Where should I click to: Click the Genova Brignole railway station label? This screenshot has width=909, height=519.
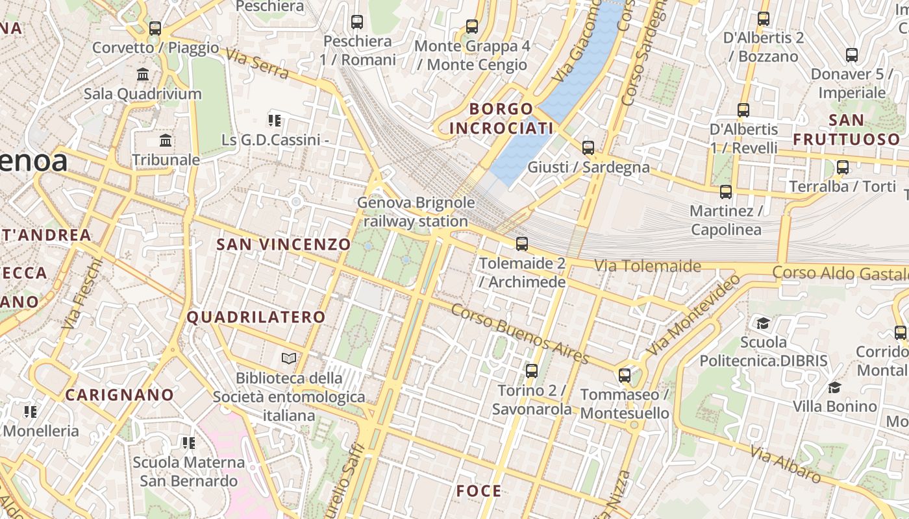tap(416, 212)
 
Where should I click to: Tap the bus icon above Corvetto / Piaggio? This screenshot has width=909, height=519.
tap(155, 29)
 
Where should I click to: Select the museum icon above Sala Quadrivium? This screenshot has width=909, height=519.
tap(143, 75)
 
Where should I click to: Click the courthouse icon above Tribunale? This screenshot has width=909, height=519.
tap(166, 141)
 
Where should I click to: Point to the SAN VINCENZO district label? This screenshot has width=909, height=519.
tap(283, 245)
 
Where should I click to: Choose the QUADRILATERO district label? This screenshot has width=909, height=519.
tap(256, 317)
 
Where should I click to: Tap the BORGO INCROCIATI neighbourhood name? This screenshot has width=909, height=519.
tap(501, 119)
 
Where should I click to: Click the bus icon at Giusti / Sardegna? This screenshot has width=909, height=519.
tap(588, 148)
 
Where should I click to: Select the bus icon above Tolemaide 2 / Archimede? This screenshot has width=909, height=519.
tap(522, 245)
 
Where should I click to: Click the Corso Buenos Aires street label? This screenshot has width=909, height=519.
tap(519, 334)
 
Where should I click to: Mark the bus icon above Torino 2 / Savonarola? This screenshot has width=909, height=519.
tap(532, 371)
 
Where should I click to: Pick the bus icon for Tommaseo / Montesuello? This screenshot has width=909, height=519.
tap(625, 376)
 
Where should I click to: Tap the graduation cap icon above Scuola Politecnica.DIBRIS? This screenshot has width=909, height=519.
tap(764, 323)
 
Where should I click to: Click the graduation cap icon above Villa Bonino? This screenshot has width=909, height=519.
tap(834, 388)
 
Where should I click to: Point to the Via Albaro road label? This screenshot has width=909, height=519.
tap(785, 465)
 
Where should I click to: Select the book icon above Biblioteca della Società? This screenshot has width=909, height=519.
tap(289, 358)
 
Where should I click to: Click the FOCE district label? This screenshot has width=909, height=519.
tap(479, 491)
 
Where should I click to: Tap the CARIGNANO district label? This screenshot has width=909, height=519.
tap(119, 395)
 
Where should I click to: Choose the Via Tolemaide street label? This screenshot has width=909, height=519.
tap(647, 266)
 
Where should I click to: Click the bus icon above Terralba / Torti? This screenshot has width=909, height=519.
tap(843, 167)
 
